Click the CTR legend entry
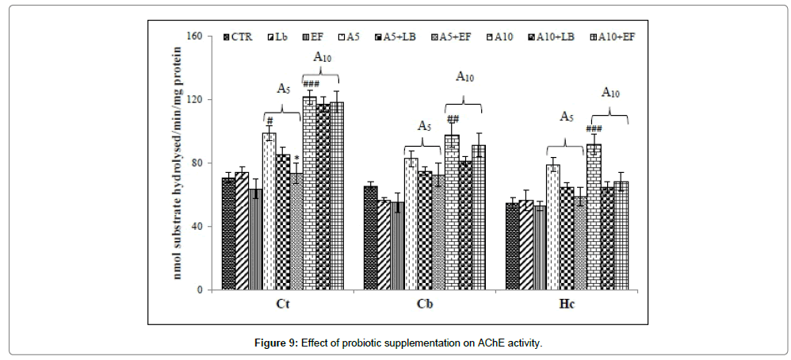[x=239, y=36]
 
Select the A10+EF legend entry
[x=616, y=36]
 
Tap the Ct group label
[x=281, y=304]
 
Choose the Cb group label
[x=425, y=304]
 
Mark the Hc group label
[x=567, y=304]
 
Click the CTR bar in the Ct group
[x=229, y=234]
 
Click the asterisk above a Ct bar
[x=296, y=159]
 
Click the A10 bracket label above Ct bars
[x=322, y=57]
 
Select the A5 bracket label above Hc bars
[x=567, y=117]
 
